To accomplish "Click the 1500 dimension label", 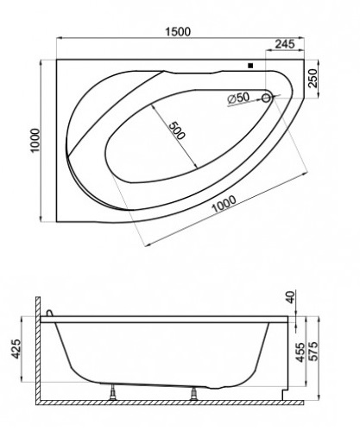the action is click(x=178, y=31).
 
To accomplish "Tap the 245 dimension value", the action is click(x=285, y=44).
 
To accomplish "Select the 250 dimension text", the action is click(x=313, y=78).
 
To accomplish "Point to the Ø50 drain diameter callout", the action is click(x=238, y=98).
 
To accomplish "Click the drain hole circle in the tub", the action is click(x=267, y=98).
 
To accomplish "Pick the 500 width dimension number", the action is click(x=176, y=130).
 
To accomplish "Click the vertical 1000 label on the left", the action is click(x=35, y=141).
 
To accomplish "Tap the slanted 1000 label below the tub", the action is click(x=224, y=204).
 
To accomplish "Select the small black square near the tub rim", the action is click(x=250, y=66).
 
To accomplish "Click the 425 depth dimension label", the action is click(x=16, y=349).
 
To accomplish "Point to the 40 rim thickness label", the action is click(x=291, y=297).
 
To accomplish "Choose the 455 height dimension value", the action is click(x=300, y=352).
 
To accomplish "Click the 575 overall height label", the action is click(x=313, y=351).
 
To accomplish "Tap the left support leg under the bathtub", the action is click(x=113, y=393).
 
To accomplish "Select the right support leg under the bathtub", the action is click(x=194, y=394).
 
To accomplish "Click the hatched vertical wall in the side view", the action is click(x=38, y=348).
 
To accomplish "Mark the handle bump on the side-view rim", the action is click(x=49, y=313).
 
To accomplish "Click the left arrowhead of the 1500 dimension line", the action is click(x=60, y=37).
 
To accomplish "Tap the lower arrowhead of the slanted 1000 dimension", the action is click(x=147, y=245).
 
